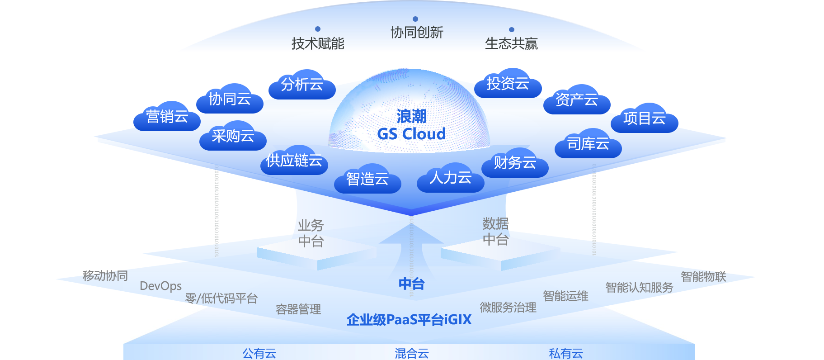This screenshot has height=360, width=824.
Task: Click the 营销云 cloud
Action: click(x=167, y=117)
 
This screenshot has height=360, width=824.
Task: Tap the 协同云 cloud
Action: click(x=230, y=99)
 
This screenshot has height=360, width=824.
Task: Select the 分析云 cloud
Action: click(x=302, y=85)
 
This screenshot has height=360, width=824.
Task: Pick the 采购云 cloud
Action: click(x=233, y=136)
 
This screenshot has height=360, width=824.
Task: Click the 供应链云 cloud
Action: click(x=294, y=161)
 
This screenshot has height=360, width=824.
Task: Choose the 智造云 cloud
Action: click(x=367, y=179)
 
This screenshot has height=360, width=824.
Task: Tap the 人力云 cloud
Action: click(x=450, y=178)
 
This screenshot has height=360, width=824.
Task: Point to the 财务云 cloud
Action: click(x=515, y=163)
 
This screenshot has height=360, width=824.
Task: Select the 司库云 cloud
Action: click(x=588, y=144)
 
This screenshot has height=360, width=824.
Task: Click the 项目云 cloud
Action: click(x=644, y=118)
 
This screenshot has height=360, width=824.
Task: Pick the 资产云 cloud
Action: click(x=576, y=99)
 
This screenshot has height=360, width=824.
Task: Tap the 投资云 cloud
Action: click(x=508, y=84)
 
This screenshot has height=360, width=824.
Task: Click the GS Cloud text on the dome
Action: click(x=411, y=134)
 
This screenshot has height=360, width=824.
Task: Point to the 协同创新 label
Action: click(x=417, y=33)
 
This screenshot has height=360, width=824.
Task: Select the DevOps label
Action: click(x=160, y=286)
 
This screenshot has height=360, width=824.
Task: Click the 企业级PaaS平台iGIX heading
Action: click(x=409, y=320)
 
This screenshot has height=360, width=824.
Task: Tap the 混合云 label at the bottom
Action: click(x=411, y=353)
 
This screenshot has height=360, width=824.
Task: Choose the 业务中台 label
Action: click(x=311, y=233)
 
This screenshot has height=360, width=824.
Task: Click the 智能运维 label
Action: click(x=565, y=296)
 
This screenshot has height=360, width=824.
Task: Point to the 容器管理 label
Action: click(x=298, y=309)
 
